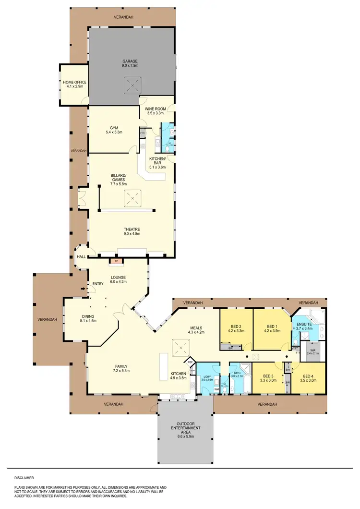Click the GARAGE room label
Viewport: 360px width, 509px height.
[130, 61]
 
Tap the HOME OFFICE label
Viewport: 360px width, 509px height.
[74, 82]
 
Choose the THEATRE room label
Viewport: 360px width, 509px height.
[131, 229]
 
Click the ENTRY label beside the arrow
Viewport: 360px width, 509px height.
[98, 283]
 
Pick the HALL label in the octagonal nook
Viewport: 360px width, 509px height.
[81, 257]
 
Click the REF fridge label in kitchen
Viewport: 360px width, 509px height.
[190, 362]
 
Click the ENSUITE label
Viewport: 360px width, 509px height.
[304, 324]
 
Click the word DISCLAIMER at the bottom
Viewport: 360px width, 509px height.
[24, 478]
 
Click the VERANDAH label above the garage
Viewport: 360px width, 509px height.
[123, 17]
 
